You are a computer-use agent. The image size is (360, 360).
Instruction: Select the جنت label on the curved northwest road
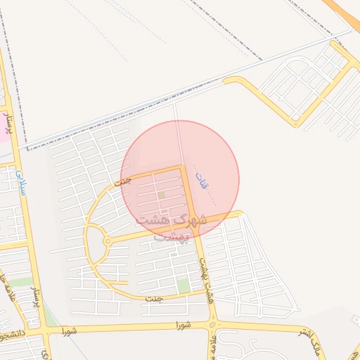[123, 181]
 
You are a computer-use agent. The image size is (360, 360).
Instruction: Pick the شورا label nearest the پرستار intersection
[67, 328]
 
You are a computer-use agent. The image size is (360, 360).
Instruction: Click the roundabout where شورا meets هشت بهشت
[213, 325]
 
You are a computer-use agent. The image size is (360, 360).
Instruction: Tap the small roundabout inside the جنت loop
[107, 242]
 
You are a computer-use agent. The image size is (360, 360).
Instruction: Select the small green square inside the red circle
[162, 195]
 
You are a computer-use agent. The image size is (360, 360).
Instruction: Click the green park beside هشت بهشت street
[183, 286]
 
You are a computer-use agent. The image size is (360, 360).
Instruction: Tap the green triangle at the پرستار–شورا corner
[51, 320]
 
